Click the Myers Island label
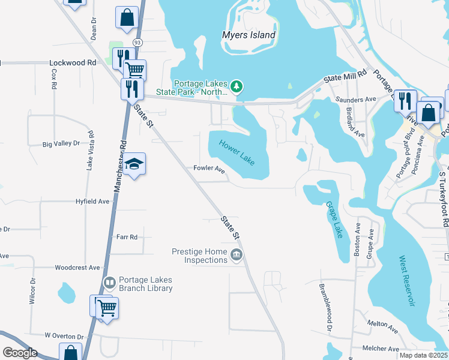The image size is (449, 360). click(249, 35)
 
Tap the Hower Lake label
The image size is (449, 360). click(237, 151)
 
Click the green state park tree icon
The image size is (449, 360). click(237, 88)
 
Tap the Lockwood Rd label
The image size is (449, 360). click(73, 62)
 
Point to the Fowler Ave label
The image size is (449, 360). click(209, 169)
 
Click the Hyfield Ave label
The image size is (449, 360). click(92, 202)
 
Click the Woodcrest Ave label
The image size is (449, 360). click(77, 268)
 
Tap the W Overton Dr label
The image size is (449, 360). click(64, 336)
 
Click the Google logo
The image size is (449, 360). click(20, 353)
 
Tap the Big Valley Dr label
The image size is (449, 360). click(61, 144)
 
